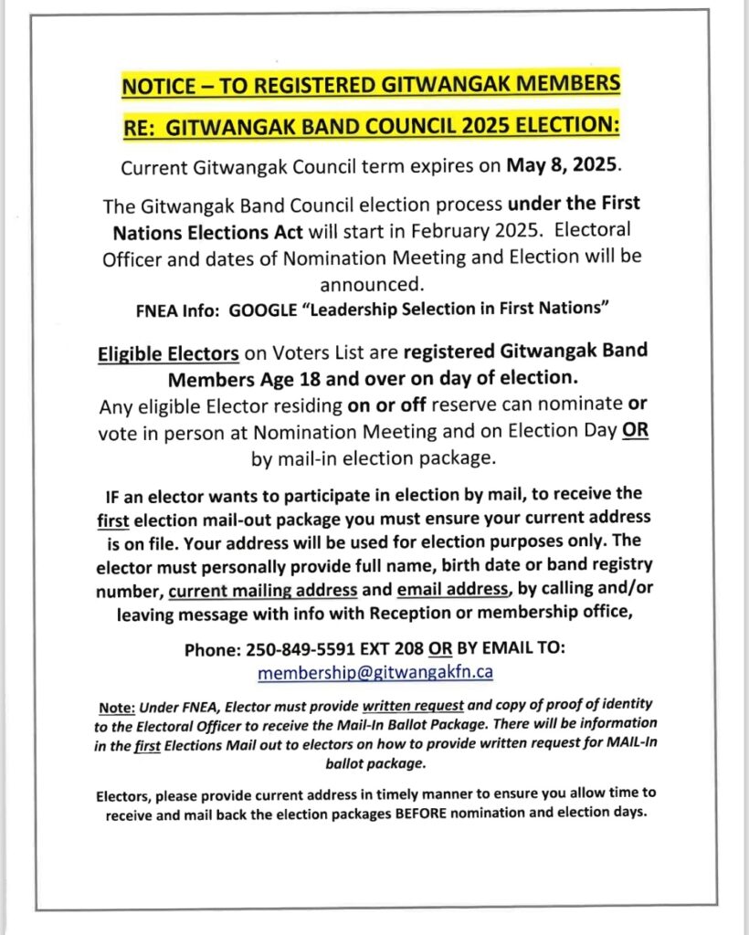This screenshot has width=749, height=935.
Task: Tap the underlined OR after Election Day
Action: (x=636, y=433)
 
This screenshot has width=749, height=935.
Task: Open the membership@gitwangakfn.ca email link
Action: (x=375, y=673)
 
